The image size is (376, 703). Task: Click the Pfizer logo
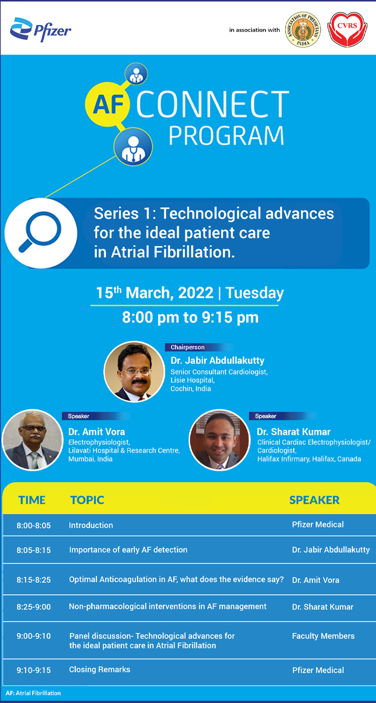[x=41, y=30]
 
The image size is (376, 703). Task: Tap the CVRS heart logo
[x=347, y=30]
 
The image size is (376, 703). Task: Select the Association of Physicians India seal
[x=303, y=30]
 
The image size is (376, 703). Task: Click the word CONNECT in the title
[x=213, y=104]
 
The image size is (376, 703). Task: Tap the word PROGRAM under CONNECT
[x=227, y=135]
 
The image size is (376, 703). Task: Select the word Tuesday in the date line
[x=255, y=293]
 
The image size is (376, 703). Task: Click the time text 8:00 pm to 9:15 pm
[x=191, y=317]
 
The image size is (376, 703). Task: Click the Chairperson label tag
[x=187, y=347]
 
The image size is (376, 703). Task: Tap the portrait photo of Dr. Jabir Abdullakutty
[x=134, y=372]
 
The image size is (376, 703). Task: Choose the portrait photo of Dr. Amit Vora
[x=33, y=440]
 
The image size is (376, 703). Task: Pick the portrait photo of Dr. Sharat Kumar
[x=219, y=440]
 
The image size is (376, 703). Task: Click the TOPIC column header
[x=87, y=500]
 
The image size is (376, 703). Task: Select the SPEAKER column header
[x=314, y=500]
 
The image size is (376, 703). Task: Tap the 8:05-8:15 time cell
[x=34, y=550]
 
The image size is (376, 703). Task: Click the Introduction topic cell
[x=91, y=525]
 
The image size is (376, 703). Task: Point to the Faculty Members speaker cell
[x=323, y=636]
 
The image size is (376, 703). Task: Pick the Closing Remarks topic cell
[x=100, y=669]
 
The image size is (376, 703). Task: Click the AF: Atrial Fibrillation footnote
[x=33, y=693]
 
